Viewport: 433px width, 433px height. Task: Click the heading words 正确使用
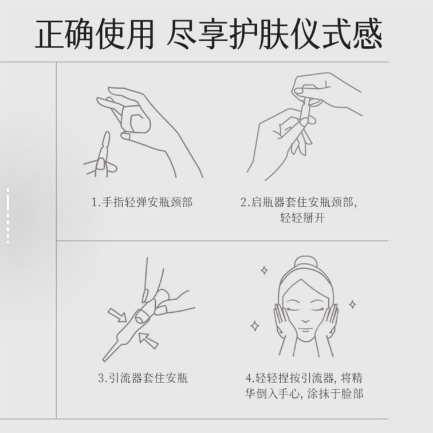coord(95,34)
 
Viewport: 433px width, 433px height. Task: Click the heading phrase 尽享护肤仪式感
coord(275,34)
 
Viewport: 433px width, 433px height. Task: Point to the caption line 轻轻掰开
coord(302,218)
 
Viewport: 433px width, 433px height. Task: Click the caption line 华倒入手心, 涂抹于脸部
coord(304,393)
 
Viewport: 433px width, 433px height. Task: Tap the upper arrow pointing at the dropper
coord(117,316)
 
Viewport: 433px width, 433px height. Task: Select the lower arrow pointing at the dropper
coord(148,340)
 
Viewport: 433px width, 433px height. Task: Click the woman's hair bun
coord(306,262)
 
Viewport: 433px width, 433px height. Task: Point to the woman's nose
coord(305,320)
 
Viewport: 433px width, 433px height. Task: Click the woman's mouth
coord(305,330)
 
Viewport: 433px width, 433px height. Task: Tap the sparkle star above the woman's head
coord(264,270)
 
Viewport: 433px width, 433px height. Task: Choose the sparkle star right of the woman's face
coord(352,304)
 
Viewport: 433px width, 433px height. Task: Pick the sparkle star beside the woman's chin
coord(255,326)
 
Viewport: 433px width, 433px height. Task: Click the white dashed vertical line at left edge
coord(8,215)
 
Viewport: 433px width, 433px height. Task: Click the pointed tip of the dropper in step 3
coord(104,360)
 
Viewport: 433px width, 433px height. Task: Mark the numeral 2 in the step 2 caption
coord(243,202)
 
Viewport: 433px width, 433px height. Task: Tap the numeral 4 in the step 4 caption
coord(249,378)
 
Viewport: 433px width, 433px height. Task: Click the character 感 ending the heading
coord(368,34)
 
